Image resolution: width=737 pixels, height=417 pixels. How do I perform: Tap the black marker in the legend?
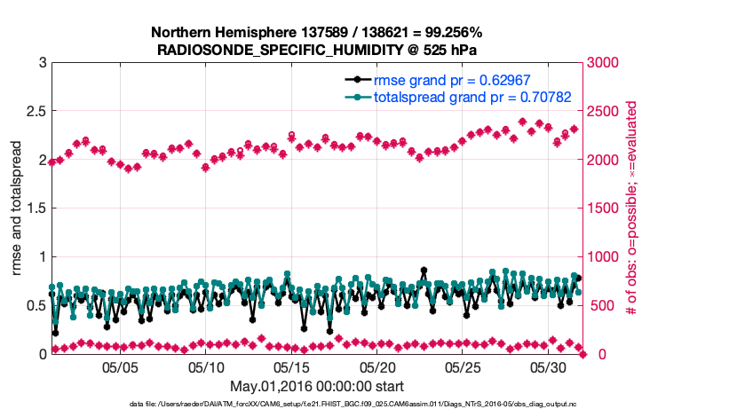[x=357, y=81]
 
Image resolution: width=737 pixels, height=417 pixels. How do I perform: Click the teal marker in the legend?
[x=357, y=97]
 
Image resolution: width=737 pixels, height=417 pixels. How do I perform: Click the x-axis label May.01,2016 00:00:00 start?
[x=317, y=386]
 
